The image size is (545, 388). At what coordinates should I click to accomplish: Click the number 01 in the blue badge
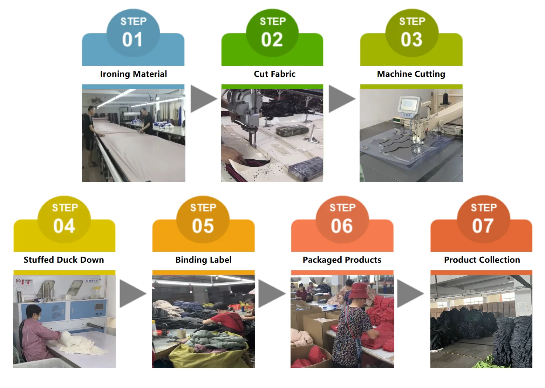tap(132, 40)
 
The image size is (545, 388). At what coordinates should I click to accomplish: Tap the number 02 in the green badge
tap(272, 40)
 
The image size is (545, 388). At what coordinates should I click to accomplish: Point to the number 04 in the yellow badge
tap(64, 226)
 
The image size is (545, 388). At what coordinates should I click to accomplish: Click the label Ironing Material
tap(134, 74)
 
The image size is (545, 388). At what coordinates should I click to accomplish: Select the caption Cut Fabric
tap(274, 74)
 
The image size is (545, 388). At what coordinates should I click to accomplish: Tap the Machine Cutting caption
tap(411, 74)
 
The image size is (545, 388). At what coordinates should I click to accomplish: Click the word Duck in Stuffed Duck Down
tap(65, 260)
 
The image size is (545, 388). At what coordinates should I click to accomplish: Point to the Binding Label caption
tap(203, 260)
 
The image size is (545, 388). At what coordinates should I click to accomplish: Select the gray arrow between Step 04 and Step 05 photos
tap(132, 293)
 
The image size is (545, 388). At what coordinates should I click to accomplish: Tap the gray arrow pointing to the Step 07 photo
tap(409, 293)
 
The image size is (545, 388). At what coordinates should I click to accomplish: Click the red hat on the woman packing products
tap(359, 291)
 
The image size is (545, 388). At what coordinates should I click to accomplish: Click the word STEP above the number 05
tap(203, 208)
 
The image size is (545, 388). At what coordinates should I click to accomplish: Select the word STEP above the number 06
tap(342, 208)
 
